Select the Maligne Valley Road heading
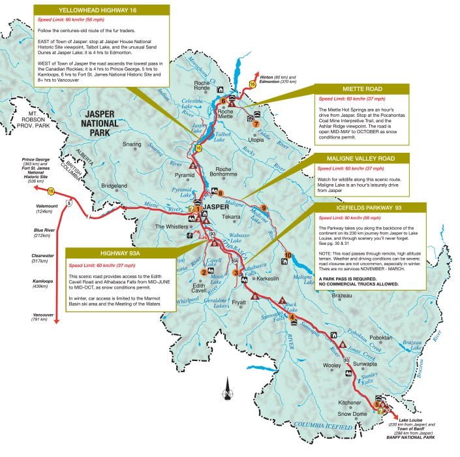click(363, 158)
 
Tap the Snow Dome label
click(352, 414)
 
